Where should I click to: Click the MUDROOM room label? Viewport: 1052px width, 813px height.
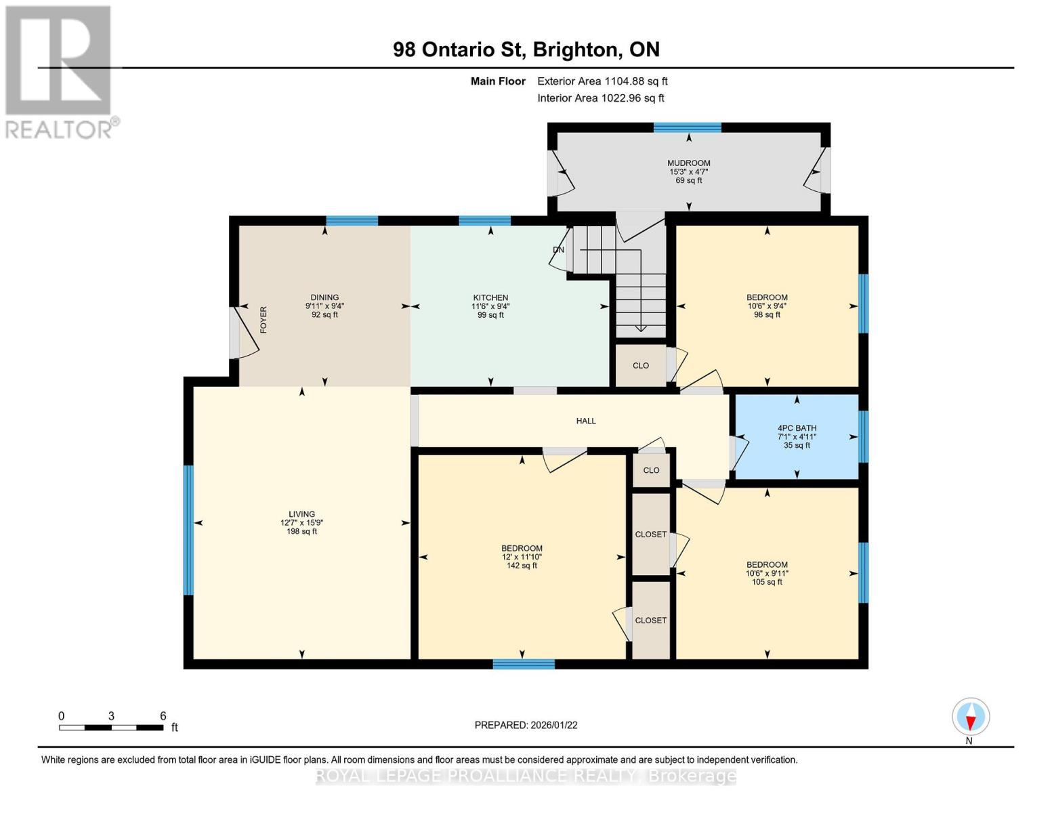click(688, 163)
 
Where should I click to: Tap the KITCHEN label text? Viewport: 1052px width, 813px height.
click(490, 297)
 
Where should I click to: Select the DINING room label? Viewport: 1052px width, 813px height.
click(324, 297)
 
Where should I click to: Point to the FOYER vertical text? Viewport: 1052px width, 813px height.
click(264, 320)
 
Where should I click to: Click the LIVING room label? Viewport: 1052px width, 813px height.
click(301, 514)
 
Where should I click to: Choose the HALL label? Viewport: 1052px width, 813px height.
click(586, 421)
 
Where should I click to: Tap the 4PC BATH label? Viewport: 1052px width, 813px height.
click(797, 428)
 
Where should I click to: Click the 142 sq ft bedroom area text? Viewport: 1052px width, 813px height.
click(522, 566)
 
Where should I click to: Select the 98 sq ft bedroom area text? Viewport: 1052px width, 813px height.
click(767, 314)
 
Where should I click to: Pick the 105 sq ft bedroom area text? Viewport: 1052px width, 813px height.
click(767, 582)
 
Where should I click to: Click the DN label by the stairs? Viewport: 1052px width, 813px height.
click(558, 250)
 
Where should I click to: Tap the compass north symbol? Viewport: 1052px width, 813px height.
click(971, 717)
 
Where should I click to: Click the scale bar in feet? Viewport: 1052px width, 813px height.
click(111, 728)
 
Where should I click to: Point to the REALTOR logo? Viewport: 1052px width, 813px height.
click(59, 71)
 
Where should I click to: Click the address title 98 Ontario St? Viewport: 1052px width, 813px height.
click(526, 49)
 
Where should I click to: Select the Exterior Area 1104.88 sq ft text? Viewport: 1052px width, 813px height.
click(602, 81)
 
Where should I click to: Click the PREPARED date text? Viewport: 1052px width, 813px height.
click(526, 725)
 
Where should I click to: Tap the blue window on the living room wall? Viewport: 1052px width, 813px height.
click(188, 530)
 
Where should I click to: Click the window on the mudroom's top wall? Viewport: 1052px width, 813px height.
click(687, 127)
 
